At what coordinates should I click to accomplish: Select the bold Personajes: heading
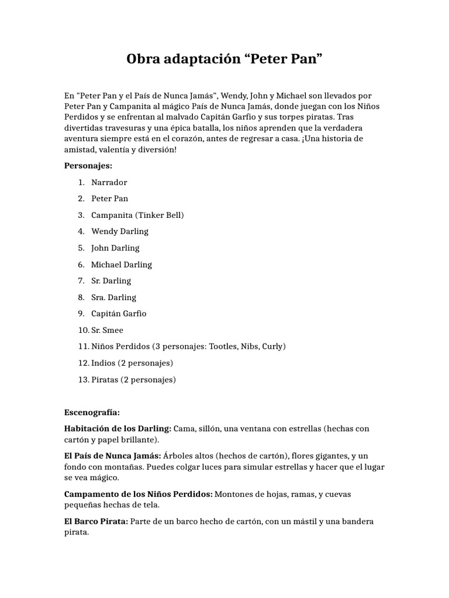[88, 165]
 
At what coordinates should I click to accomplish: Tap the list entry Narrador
[109, 182]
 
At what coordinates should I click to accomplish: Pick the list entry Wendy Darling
[120, 231]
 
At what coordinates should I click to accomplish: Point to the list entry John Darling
[115, 248]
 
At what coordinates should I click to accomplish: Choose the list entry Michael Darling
[122, 265]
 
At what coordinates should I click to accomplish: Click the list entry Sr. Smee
[108, 330]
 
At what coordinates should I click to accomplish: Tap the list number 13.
[82, 380]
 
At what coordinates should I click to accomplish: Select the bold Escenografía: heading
[92, 412]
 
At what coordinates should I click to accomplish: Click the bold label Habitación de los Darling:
[118, 429]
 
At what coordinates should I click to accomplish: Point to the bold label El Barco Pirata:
[96, 521]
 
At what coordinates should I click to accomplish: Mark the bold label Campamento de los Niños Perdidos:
[139, 494]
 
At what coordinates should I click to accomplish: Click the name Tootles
[220, 346]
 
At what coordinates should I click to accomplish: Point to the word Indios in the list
[103, 363]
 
